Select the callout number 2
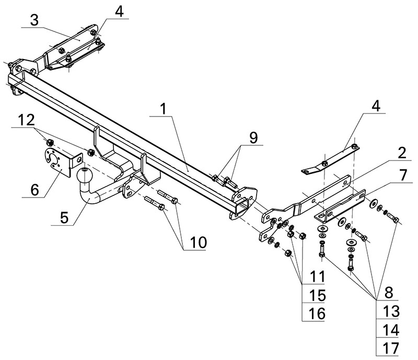click(401, 153)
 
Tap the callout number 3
click(34, 21)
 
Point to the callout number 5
click(63, 217)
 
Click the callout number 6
click(34, 190)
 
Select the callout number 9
click(253, 137)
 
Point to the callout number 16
click(317, 313)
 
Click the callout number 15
click(317, 295)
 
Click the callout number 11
click(316, 276)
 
